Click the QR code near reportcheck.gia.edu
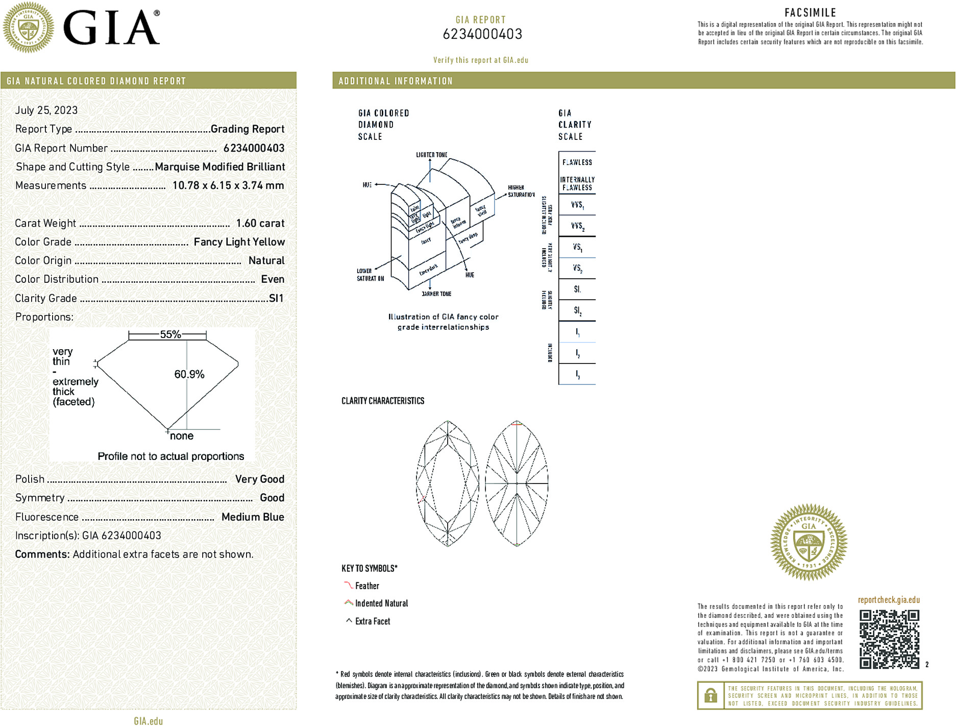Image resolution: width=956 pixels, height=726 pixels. coord(889,639)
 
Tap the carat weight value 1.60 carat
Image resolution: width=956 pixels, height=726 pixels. coord(260,223)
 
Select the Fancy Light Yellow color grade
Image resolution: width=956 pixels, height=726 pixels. coord(239,242)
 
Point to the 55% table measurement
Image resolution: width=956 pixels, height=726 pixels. coord(170,334)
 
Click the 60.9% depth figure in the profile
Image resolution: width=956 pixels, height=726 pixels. coord(189,374)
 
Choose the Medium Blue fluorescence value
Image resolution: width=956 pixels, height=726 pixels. coord(253,517)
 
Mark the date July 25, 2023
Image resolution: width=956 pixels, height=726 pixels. coord(46,110)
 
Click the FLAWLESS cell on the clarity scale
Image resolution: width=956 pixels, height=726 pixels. coord(577,162)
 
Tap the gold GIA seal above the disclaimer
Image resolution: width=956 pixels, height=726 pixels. coord(808,542)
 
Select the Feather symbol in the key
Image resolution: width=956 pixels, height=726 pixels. coord(349,586)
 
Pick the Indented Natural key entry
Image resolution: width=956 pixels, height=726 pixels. coord(381,603)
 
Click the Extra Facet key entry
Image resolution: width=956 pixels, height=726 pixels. coord(372,621)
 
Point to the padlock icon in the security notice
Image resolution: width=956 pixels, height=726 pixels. coord(710,695)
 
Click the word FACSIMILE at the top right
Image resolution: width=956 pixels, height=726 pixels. coord(810,13)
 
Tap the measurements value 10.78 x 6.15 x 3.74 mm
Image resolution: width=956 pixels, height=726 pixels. coord(228,185)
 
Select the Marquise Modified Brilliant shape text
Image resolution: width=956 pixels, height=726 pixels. coord(219,167)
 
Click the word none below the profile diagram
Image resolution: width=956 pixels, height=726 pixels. coord(182,436)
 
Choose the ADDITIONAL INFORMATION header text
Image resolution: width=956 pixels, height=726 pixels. coord(396,81)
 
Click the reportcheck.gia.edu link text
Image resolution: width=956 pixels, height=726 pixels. coord(889,600)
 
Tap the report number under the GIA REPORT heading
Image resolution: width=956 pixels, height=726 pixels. coord(482,34)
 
